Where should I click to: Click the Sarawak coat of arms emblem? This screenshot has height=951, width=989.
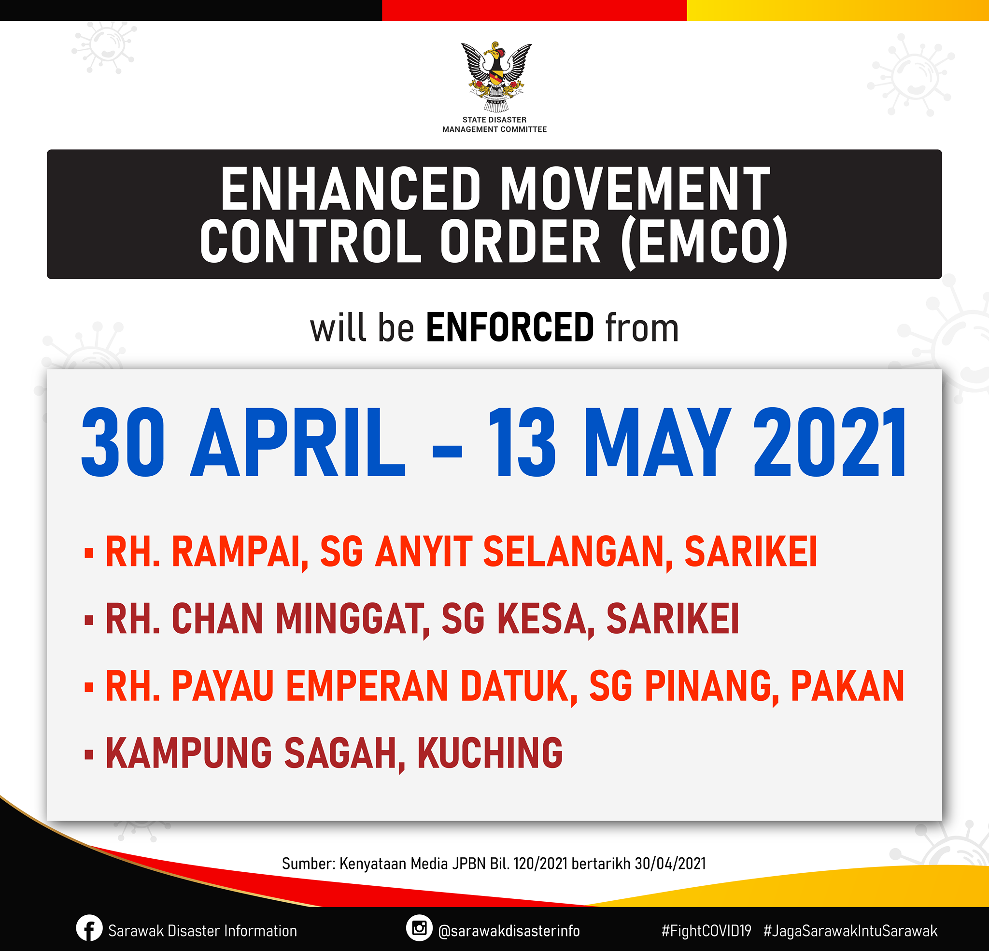(496, 77)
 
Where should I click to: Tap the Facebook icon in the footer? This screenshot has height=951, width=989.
(89, 928)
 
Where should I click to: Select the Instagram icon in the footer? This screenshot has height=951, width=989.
(419, 928)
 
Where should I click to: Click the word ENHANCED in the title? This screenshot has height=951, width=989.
(351, 189)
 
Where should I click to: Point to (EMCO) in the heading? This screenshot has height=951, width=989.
(705, 241)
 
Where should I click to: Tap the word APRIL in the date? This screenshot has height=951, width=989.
(297, 443)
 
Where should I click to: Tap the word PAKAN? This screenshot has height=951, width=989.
(847, 686)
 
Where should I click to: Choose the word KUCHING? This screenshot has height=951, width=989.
(490, 752)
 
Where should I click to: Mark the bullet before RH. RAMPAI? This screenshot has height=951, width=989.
(89, 553)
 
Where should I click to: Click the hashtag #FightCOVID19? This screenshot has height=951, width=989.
(706, 930)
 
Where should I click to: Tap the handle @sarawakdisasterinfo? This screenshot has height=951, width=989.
(509, 931)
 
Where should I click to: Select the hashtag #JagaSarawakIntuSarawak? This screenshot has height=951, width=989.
(850, 931)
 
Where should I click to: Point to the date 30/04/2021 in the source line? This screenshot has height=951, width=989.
(670, 864)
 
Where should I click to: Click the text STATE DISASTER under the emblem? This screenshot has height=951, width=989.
(494, 120)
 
